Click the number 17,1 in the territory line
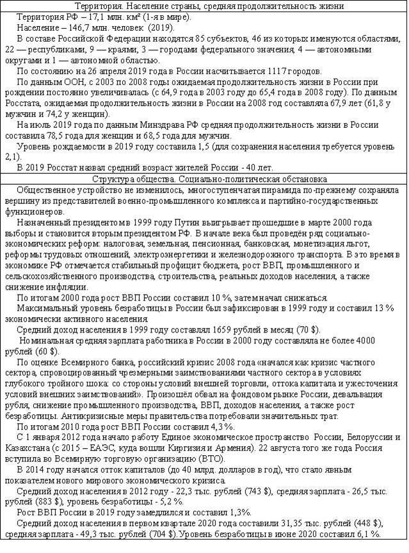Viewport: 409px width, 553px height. tap(84, 16)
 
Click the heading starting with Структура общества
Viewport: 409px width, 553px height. tap(204, 179)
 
